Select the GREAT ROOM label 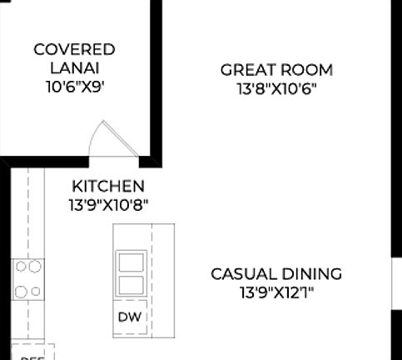[x=276, y=70]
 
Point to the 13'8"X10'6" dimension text [x=276, y=87]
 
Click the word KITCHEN [x=108, y=186]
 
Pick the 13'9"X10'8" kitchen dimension [x=108, y=204]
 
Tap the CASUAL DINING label [x=276, y=273]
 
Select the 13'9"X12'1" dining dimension [x=276, y=292]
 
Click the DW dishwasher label [x=129, y=317]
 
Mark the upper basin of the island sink [x=131, y=262]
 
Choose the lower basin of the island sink [x=131, y=286]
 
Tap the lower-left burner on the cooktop [x=21, y=291]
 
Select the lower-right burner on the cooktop [x=36, y=291]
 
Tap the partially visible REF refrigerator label [x=32, y=357]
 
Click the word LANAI [x=74, y=67]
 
